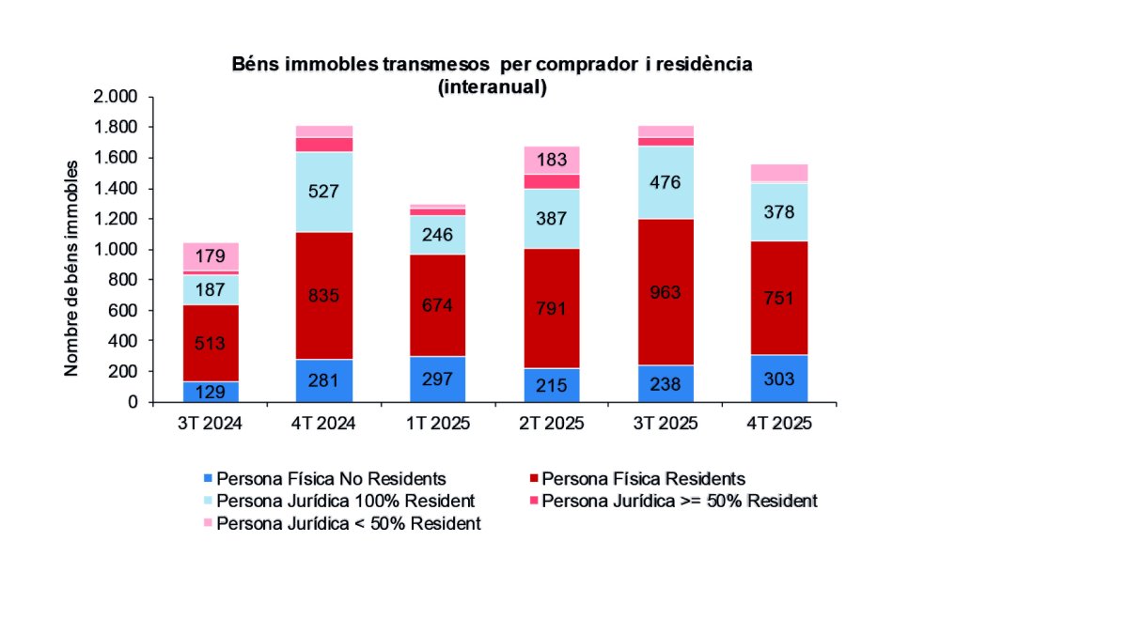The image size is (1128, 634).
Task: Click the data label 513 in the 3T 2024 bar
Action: (x=210, y=343)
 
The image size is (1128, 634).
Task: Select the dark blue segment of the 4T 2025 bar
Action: (x=779, y=379)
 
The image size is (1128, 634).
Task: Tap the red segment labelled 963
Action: (x=665, y=292)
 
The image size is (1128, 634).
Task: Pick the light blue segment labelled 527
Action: (x=323, y=192)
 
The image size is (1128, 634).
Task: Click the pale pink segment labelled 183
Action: (x=551, y=160)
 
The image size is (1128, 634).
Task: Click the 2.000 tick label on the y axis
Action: (x=115, y=97)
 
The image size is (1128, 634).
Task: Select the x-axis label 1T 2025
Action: (x=438, y=424)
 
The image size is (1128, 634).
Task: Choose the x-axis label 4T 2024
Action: (x=323, y=424)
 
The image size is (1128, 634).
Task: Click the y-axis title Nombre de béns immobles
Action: (x=71, y=268)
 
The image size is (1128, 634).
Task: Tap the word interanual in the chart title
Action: (x=492, y=87)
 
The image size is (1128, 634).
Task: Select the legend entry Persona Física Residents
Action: (x=644, y=479)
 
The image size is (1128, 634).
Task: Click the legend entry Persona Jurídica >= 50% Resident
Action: (x=679, y=501)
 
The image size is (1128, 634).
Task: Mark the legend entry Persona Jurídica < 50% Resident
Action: (x=349, y=523)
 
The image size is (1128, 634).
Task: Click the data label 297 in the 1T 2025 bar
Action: (x=438, y=379)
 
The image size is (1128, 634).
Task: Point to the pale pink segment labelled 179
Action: (x=210, y=255)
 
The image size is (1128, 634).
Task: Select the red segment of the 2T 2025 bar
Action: (x=551, y=308)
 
